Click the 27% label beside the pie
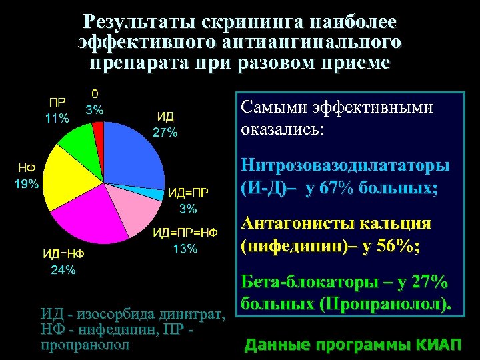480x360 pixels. pyautogui.click(x=165, y=132)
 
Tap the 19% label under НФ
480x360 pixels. pyautogui.click(x=27, y=184)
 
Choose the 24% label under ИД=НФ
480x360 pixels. pyautogui.click(x=63, y=269)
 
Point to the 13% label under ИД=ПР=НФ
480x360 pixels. pyautogui.click(x=185, y=249)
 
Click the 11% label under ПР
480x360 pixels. pyautogui.click(x=57, y=119)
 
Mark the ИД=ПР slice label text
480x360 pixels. pyautogui.click(x=188, y=193)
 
